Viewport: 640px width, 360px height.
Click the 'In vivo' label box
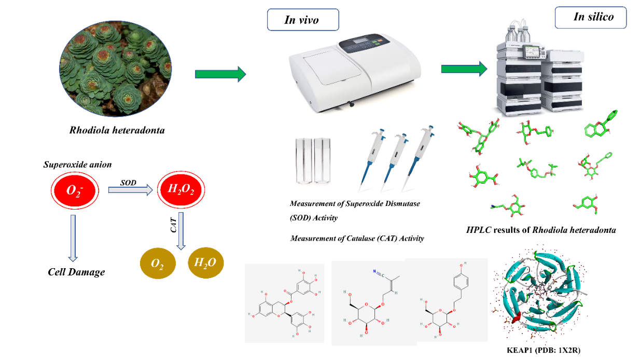302,20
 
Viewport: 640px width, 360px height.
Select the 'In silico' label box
590,17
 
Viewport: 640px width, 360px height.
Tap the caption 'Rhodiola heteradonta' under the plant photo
117,130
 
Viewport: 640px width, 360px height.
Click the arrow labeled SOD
130,190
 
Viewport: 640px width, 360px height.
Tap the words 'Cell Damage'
76,272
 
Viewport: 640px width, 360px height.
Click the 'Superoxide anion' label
77,165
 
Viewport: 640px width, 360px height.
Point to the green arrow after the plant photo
220,74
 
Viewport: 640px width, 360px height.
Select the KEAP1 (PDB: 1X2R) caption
544,350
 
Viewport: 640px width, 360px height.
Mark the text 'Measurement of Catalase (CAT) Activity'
357,239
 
